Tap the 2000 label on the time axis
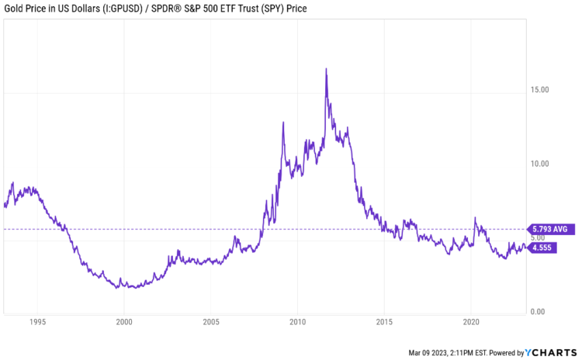tap(124, 320)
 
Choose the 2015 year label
tap(384, 320)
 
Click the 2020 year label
tap(471, 320)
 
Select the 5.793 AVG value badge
tap(550, 229)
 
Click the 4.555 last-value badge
tap(542, 247)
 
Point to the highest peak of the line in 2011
tap(326, 69)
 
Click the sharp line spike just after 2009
tap(283, 123)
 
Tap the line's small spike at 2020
tap(475, 218)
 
